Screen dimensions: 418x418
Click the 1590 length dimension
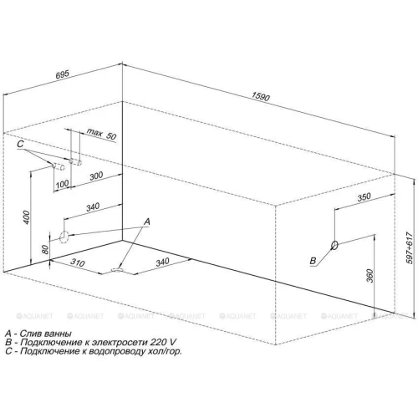pos(261,96)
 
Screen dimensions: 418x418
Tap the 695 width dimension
pos(63,74)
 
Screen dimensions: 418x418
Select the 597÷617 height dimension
pos(410,247)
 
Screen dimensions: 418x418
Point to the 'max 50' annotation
pos(102,134)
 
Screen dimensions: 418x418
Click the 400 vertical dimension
pos(26,217)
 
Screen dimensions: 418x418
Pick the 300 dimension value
pos(96,176)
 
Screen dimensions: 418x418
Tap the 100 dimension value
pos(62,184)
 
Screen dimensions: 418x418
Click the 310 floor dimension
pos(77,263)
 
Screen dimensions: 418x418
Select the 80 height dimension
pos(45,249)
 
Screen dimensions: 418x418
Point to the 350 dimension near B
pos(364,197)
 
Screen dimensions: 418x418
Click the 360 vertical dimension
pos(370,276)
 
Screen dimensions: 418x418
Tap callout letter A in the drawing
pos(147,222)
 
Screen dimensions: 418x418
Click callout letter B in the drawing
pos(313,261)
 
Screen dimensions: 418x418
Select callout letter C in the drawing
pos(20,144)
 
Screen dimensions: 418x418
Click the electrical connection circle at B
pos(334,245)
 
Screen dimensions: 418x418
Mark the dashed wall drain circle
pos(64,237)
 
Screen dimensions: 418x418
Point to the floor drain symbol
pos(117,270)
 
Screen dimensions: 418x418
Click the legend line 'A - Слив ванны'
pos(38,334)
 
